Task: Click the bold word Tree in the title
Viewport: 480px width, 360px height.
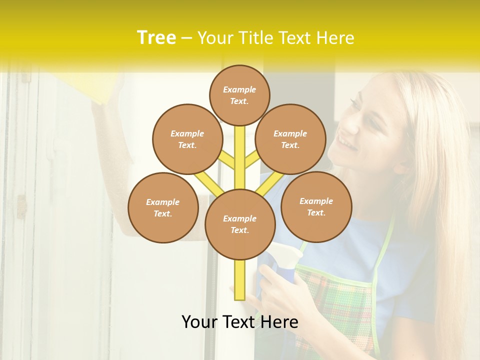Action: coord(156,37)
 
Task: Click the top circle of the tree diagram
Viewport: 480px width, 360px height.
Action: coord(239,95)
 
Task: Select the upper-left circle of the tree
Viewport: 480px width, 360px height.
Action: coord(187,139)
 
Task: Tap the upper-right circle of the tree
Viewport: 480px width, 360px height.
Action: coord(290,139)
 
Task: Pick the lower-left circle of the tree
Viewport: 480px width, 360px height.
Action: coord(162,207)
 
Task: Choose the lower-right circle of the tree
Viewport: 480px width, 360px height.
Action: coord(316,206)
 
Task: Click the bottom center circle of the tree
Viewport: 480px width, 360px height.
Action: coord(239,224)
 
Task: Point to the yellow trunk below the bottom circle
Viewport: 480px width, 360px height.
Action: coord(239,280)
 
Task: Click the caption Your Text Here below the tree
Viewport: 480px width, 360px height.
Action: coord(239,322)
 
